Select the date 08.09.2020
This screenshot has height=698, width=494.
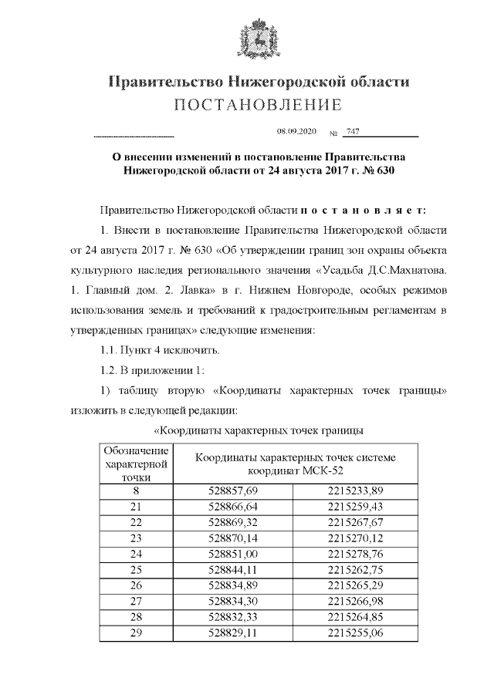click(296, 132)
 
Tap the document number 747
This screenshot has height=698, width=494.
click(352, 132)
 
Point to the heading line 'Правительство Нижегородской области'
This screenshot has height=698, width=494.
click(257, 81)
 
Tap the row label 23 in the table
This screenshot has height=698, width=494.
click(136, 537)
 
